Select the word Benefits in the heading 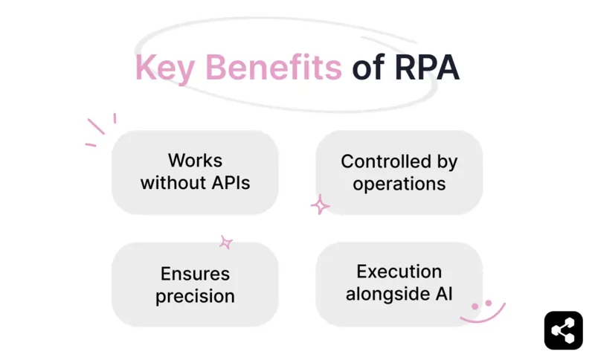[273, 68]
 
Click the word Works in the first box [195, 161]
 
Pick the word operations [399, 184]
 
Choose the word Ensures [195, 273]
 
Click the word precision [195, 295]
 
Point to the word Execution [399, 271]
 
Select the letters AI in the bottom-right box [443, 294]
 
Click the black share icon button [563, 330]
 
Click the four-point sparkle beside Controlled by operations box [320, 205]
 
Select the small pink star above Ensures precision [226, 242]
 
